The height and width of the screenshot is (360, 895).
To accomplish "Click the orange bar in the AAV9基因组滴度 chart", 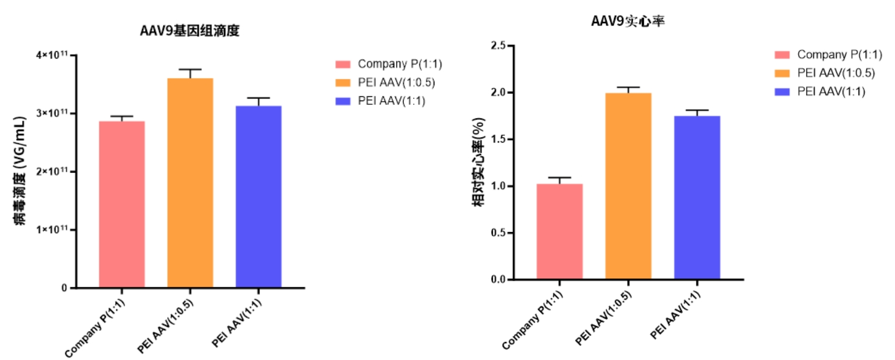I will [x=190, y=183].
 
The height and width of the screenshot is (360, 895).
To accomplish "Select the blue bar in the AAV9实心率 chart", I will [x=697, y=197].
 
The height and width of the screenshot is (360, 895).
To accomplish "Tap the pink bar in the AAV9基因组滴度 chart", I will [x=122, y=204].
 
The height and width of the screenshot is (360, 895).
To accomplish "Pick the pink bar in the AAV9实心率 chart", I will [x=559, y=231].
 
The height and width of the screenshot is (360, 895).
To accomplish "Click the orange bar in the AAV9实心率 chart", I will [x=628, y=186].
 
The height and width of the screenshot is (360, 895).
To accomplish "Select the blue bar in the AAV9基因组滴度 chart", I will [x=258, y=196].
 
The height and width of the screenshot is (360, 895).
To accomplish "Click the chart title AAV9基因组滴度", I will [x=189, y=31].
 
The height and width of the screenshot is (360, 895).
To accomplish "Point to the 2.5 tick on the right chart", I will [x=498, y=46].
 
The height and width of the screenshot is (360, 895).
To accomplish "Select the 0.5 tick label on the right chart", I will [x=498, y=233].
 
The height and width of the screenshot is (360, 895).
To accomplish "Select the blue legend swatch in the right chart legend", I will [x=782, y=92].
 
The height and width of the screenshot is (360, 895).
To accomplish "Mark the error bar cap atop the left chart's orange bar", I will [x=190, y=69].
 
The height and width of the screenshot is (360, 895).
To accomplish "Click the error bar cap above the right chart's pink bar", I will [x=559, y=177].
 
